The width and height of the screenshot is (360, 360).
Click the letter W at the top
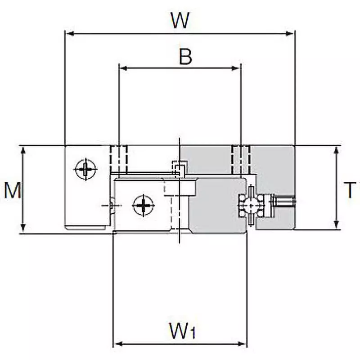click(x=180, y=20)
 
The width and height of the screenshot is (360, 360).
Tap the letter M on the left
click(x=12, y=190)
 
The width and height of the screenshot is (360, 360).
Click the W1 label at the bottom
click(x=182, y=332)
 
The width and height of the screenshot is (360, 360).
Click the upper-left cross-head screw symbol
click(x=85, y=170)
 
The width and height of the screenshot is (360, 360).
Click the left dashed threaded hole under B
click(x=119, y=160)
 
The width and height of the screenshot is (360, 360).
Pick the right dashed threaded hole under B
click(x=241, y=160)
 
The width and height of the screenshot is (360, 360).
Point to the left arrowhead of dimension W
click(x=69, y=33)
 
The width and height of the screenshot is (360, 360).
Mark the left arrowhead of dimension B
click(x=122, y=68)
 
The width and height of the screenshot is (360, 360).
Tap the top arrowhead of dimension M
click(x=22, y=149)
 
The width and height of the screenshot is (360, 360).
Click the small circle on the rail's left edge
click(x=112, y=206)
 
